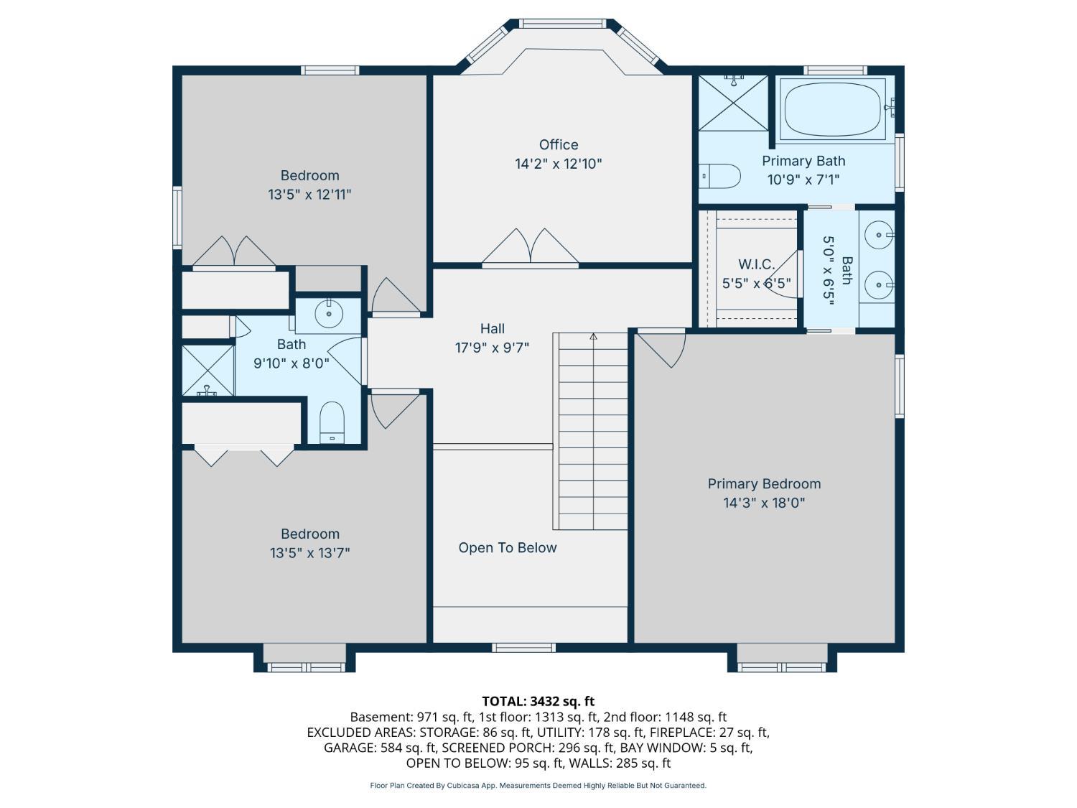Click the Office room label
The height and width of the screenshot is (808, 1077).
pos(559,145)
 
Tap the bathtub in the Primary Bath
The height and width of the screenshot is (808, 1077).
pos(834,109)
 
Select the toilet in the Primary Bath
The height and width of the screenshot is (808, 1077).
pos(719,176)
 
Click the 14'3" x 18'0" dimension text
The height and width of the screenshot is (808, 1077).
pos(764,503)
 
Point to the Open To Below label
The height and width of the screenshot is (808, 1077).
pos(508,547)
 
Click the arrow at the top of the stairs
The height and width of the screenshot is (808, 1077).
pos(593,336)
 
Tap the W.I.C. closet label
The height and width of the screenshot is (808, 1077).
pos(756,264)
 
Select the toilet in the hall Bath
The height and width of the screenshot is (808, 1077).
pos(332,422)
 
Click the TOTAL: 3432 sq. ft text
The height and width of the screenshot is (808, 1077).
pos(538,701)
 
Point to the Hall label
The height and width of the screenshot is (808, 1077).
pos(492,329)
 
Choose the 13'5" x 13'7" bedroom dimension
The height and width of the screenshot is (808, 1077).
pos(309,553)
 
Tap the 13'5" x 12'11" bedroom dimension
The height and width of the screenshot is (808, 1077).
pos(309,195)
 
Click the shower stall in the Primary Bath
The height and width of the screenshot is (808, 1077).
pos(734,103)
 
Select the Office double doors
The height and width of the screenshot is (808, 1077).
pos(531,248)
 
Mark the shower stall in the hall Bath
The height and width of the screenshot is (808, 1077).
pos(208,371)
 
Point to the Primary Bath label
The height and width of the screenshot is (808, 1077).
pos(803,161)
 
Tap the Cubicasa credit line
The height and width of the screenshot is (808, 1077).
pos(538,786)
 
